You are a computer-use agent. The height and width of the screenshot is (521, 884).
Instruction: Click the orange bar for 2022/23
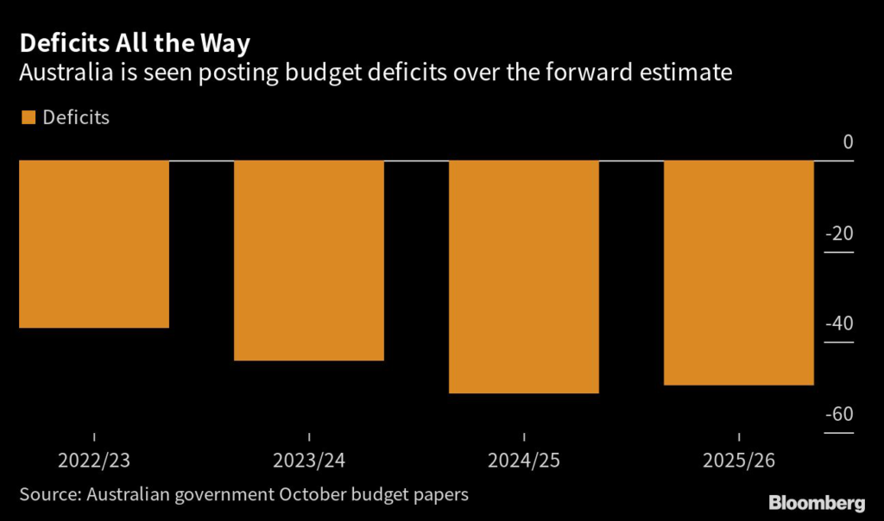coord(93,244)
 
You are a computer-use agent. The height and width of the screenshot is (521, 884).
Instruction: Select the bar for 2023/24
coord(309,260)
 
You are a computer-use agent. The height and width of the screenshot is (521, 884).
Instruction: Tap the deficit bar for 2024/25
coord(524,276)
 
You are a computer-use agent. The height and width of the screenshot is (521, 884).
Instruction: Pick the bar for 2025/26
coord(739,273)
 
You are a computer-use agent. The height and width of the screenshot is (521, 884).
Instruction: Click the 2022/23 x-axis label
coord(94,461)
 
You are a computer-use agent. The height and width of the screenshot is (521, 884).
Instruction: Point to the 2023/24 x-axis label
coord(309,461)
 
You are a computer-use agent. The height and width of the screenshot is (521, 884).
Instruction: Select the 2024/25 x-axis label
coord(524,461)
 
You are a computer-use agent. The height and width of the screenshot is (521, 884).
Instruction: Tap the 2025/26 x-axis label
coord(739,461)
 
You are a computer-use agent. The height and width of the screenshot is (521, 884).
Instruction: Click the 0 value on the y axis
coord(848,142)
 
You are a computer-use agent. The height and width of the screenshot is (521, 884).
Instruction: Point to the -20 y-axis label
coord(840,234)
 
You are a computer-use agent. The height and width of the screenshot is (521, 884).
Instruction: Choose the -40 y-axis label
coord(840,324)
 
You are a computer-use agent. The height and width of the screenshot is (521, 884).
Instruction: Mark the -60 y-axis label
coord(840,415)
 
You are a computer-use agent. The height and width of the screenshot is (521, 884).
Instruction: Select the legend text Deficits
coord(76,117)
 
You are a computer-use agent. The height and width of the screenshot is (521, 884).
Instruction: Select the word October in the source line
coord(310,494)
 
